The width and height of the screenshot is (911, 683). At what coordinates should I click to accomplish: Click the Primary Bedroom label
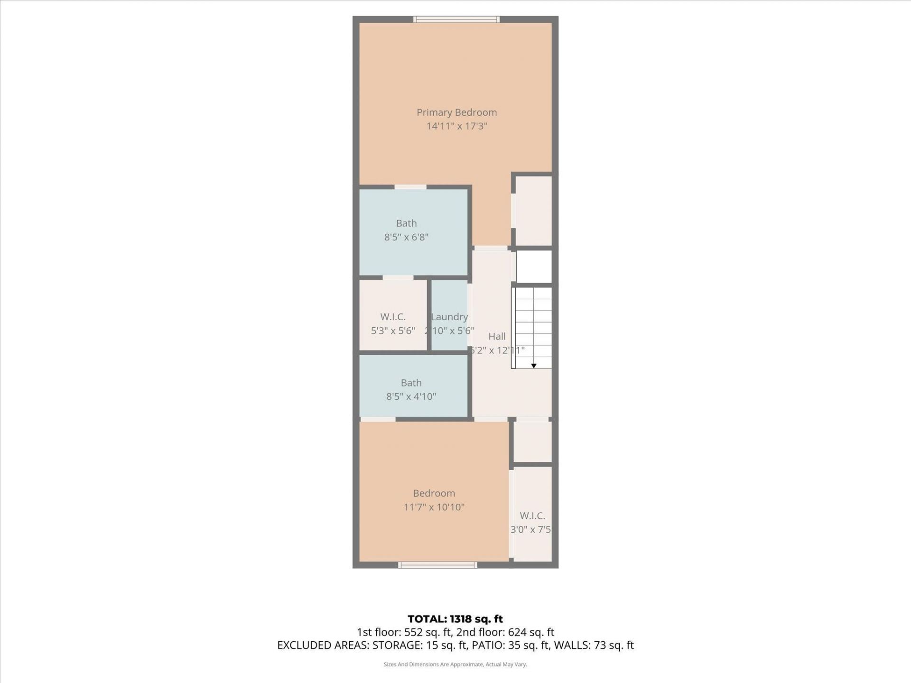click(x=456, y=112)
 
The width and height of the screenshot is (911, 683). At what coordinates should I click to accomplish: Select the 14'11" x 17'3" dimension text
click(x=456, y=126)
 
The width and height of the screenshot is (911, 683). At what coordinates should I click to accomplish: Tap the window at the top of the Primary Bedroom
click(x=456, y=19)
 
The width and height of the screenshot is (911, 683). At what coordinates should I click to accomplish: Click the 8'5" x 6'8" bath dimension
click(x=406, y=237)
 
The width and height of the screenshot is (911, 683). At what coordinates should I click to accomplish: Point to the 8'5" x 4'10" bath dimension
click(x=411, y=397)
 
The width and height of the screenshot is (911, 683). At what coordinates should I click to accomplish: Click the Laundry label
click(x=449, y=317)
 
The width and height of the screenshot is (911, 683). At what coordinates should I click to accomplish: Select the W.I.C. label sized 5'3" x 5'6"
click(x=393, y=317)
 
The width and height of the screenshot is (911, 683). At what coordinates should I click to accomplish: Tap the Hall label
click(x=497, y=336)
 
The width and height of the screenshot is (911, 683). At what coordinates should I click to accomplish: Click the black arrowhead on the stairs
click(x=534, y=366)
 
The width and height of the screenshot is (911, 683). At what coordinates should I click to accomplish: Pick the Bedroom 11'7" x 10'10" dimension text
click(x=434, y=507)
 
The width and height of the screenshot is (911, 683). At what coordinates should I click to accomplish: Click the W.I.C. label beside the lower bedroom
click(x=532, y=516)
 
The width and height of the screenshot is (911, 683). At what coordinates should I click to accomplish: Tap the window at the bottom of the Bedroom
click(x=437, y=565)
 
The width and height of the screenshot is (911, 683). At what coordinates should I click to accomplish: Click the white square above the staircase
click(x=534, y=267)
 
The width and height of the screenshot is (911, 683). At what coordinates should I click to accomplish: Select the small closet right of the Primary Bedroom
click(x=533, y=211)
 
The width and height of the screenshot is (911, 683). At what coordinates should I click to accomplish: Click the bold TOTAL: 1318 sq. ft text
click(x=455, y=619)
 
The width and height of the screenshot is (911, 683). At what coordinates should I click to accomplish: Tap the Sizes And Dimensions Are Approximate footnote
click(x=455, y=665)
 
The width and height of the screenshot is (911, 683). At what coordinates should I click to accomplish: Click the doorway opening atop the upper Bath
click(x=410, y=187)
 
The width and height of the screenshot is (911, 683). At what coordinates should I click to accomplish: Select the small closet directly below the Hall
click(x=532, y=442)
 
